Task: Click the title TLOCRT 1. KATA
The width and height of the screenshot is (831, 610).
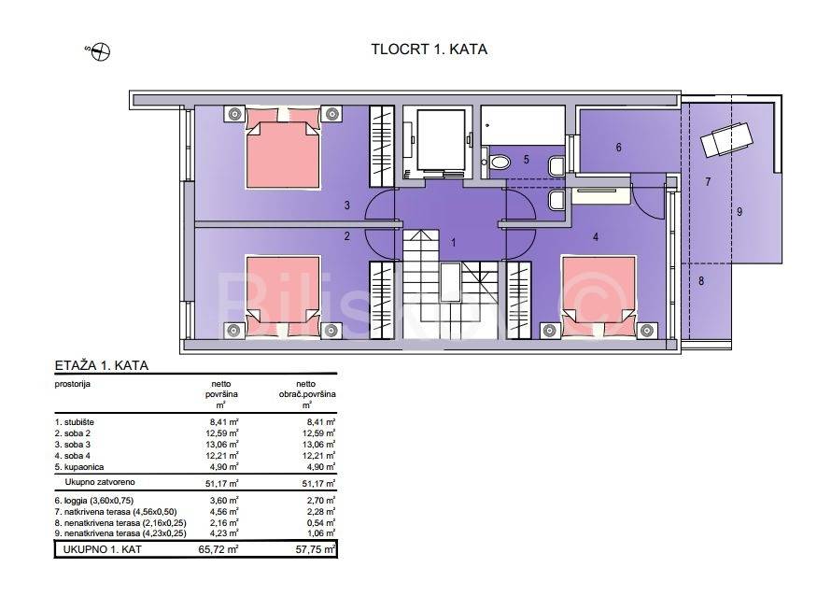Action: [x=429, y=50]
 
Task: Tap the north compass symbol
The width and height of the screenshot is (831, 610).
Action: [x=100, y=52]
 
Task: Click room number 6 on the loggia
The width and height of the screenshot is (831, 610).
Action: [x=618, y=148]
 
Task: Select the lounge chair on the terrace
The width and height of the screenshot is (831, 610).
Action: [x=725, y=138]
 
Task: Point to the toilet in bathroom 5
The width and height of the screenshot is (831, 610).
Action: [x=499, y=160]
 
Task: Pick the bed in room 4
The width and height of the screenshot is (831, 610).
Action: [x=599, y=296]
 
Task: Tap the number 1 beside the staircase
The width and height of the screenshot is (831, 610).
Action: [x=453, y=243]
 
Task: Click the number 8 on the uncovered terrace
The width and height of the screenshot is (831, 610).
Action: [x=701, y=281]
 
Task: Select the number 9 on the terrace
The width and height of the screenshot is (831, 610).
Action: [x=739, y=212]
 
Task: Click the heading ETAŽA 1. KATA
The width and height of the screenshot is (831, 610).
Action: [x=102, y=365]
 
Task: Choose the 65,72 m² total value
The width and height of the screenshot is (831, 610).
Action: [x=218, y=549]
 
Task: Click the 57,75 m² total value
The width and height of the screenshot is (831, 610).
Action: [x=316, y=549]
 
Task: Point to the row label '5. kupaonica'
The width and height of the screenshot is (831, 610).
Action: [x=79, y=467]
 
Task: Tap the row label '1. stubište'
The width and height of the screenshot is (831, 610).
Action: [x=75, y=422]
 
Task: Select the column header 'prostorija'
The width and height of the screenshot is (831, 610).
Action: [x=73, y=384]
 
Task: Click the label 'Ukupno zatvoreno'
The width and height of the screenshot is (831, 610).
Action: [x=100, y=482]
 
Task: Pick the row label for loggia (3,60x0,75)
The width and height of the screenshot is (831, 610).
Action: [x=94, y=500]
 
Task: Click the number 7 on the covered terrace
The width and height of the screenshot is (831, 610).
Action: [x=708, y=182]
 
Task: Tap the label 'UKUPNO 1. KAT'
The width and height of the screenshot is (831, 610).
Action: [x=103, y=549]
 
